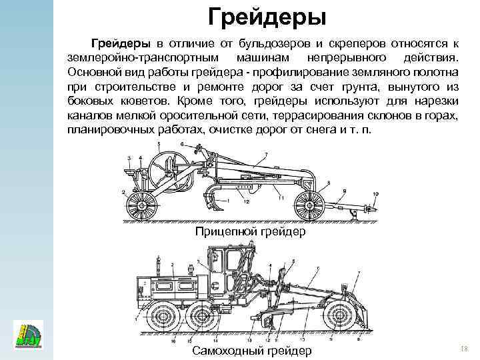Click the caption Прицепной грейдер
[250, 232]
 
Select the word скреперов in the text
[345, 43]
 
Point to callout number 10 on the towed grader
[375, 194]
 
